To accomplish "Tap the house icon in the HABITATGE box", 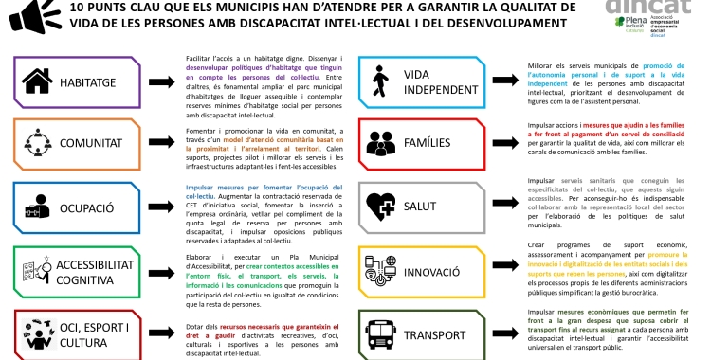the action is pos(41,80).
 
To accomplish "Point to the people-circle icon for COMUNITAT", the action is pos(40,141).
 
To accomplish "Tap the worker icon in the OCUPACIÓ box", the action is pos(40,204).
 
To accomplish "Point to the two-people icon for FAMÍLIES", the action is pos(381,142).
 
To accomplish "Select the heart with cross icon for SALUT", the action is pos(381,204).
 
